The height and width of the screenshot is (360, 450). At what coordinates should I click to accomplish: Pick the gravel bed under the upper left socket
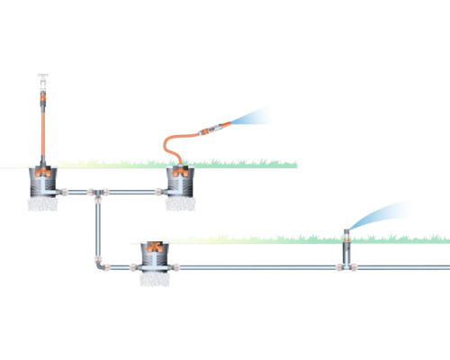tap(41, 204)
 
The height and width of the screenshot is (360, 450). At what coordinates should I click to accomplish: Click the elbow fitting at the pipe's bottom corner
tap(97, 265)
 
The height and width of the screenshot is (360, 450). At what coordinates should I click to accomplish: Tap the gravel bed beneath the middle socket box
tap(181, 204)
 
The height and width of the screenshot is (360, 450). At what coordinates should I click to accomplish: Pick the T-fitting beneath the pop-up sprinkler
tap(346, 267)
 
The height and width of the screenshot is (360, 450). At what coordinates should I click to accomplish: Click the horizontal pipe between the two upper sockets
tap(135, 192)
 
